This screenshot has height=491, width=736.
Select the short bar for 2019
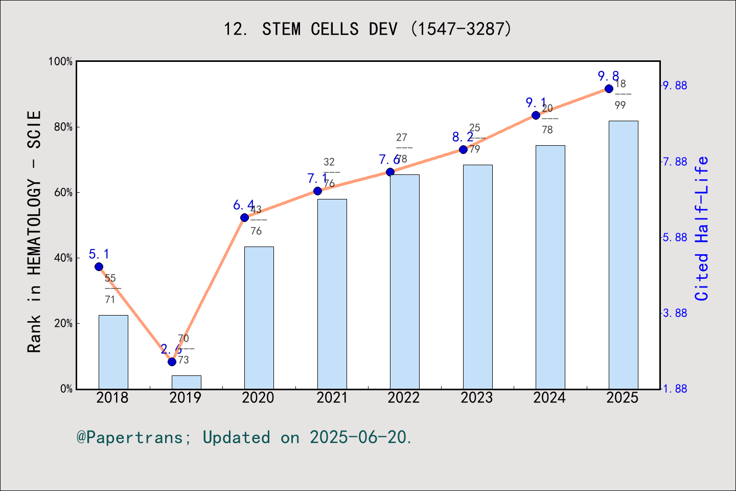(x=186, y=382)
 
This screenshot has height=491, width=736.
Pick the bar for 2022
(x=404, y=281)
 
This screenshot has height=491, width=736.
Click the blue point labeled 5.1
(x=99, y=266)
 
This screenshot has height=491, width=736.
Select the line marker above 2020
(x=244, y=217)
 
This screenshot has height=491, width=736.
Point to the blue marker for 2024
(x=536, y=115)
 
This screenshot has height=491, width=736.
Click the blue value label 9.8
(x=608, y=76)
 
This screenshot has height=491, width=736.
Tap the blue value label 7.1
(x=317, y=178)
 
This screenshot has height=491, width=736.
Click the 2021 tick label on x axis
(x=331, y=398)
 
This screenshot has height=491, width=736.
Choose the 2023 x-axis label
(x=476, y=398)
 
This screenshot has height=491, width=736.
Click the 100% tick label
(x=60, y=61)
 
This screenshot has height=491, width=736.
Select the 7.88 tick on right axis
(x=675, y=162)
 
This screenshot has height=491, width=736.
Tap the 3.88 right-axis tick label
(x=675, y=313)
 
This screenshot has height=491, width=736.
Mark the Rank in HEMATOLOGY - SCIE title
(x=34, y=231)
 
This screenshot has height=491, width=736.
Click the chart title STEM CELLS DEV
(x=367, y=29)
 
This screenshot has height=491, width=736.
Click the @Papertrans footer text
(x=244, y=437)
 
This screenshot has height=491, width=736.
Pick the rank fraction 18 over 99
(x=620, y=94)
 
